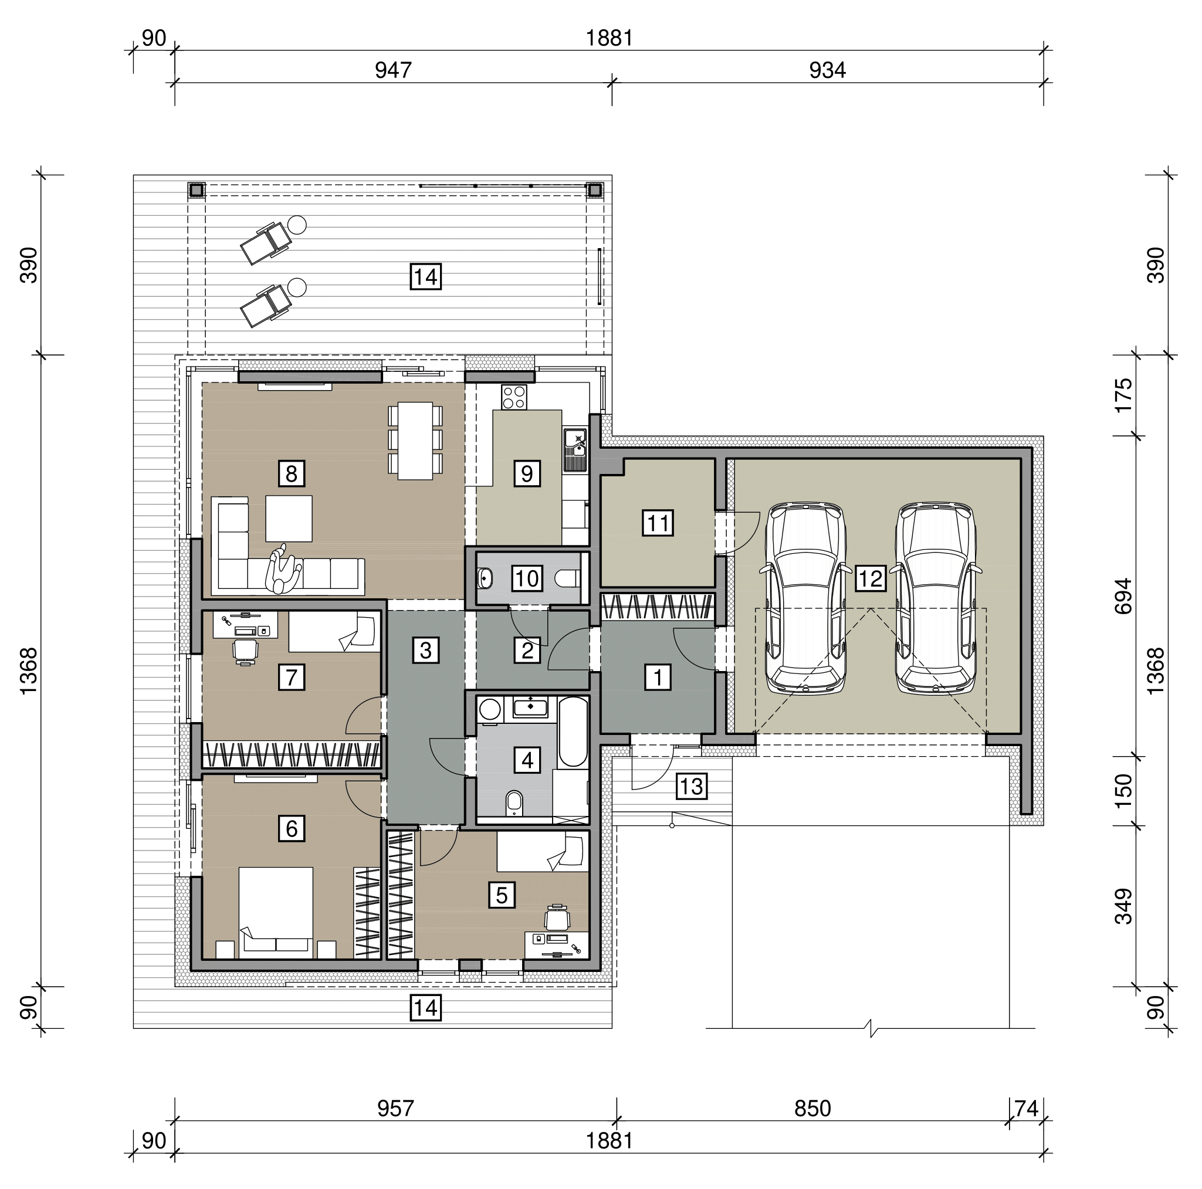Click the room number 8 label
click(x=291, y=474)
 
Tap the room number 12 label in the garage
click(x=870, y=578)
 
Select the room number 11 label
click(x=658, y=523)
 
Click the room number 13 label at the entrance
click(x=691, y=787)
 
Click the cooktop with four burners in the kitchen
click(x=514, y=397)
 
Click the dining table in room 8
click(x=415, y=441)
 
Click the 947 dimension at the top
click(x=393, y=70)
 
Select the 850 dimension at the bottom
click(x=812, y=1108)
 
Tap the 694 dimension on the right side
click(x=1123, y=596)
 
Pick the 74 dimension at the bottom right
click(x=1027, y=1108)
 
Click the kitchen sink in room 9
click(x=575, y=449)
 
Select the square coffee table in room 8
click(x=289, y=519)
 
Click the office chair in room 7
click(x=245, y=652)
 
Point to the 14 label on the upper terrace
click(x=425, y=277)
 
